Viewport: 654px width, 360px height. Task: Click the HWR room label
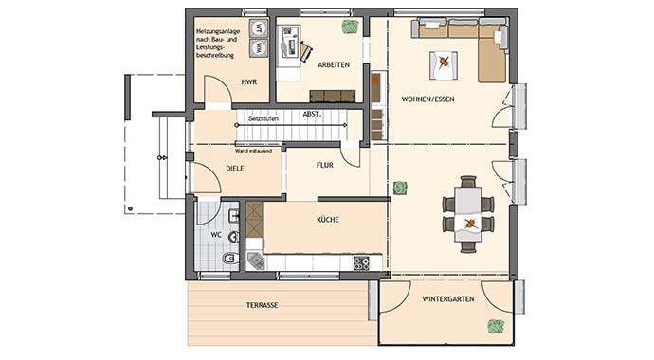pyautogui.click(x=249, y=82)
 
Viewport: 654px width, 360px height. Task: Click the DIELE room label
pyautogui.click(x=235, y=169)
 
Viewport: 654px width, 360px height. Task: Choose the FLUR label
pyautogui.click(x=325, y=165)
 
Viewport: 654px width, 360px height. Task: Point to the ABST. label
pyautogui.click(x=312, y=115)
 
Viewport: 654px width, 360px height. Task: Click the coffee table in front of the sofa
pyautogui.click(x=444, y=63)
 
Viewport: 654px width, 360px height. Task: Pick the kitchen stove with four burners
pyautogui.click(x=362, y=262)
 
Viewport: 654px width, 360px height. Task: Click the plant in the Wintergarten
pyautogui.click(x=494, y=327)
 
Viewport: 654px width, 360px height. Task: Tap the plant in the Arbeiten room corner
pyautogui.click(x=351, y=27)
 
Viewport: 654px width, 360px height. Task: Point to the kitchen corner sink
pyautogui.click(x=254, y=259)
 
